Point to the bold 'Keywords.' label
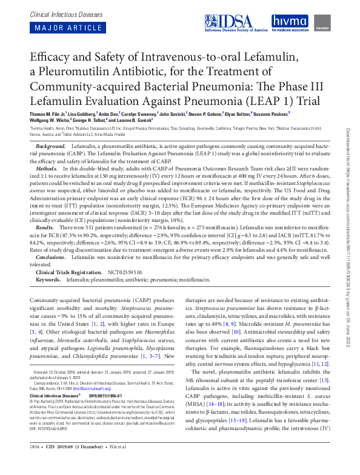pyautogui.click(x=49, y=280)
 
